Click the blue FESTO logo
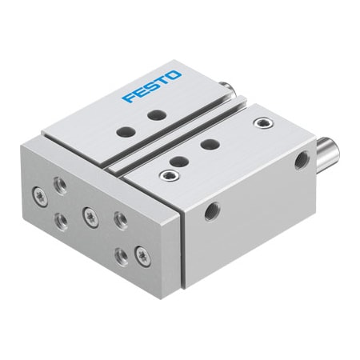(x=152, y=86)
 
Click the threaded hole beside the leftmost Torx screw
(x=60, y=183)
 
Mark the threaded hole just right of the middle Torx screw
(x=119, y=218)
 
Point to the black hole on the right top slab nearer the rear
(x=209, y=144)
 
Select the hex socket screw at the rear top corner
(x=260, y=123)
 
